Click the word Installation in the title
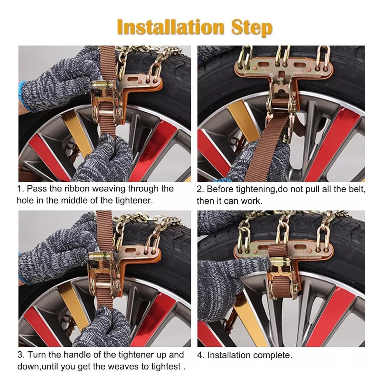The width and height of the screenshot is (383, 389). point(171,27)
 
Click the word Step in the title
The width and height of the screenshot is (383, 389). point(252,28)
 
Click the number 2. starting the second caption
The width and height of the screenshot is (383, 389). point(200,189)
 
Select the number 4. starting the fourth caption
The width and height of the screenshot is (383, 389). point(201,355)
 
